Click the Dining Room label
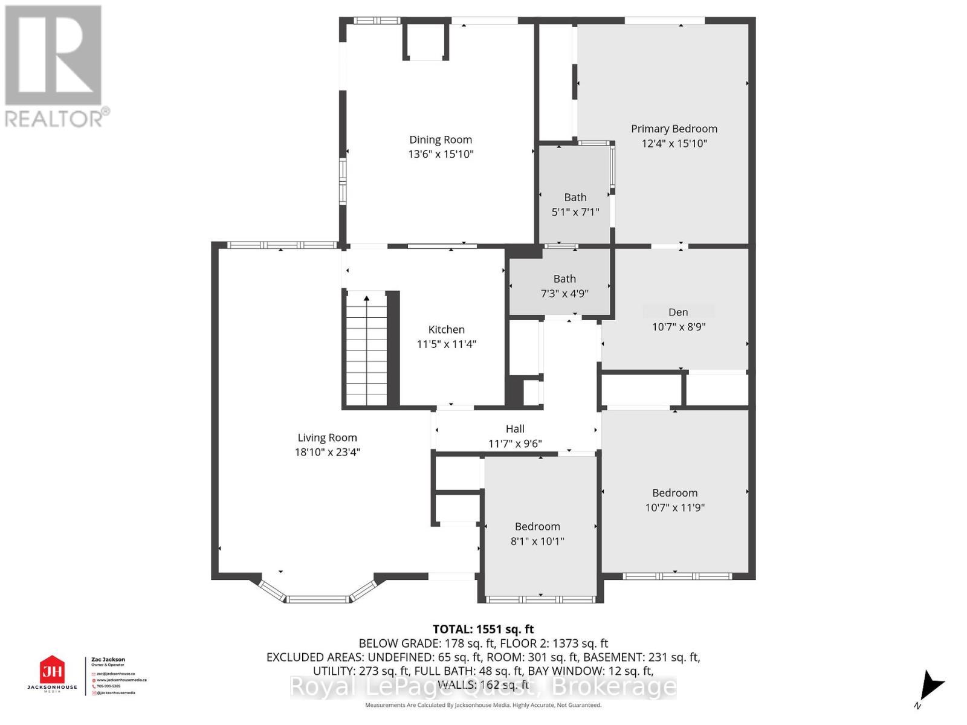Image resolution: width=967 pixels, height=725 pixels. [441, 140]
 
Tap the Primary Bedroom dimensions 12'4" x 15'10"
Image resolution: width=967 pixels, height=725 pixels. [674, 143]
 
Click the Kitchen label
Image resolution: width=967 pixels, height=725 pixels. [446, 329]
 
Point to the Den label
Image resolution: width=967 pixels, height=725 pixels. [678, 312]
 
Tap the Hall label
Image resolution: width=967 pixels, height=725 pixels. [515, 428]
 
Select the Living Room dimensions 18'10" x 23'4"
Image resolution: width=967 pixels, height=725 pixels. [327, 452]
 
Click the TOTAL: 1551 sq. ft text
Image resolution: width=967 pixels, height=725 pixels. [483, 629]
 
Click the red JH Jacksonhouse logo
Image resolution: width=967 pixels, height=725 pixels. [52, 671]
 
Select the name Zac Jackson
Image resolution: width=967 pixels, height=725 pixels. [108, 660]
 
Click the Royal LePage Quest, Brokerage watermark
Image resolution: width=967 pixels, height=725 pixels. [483, 687]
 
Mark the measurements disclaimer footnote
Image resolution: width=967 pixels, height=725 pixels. [483, 705]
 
